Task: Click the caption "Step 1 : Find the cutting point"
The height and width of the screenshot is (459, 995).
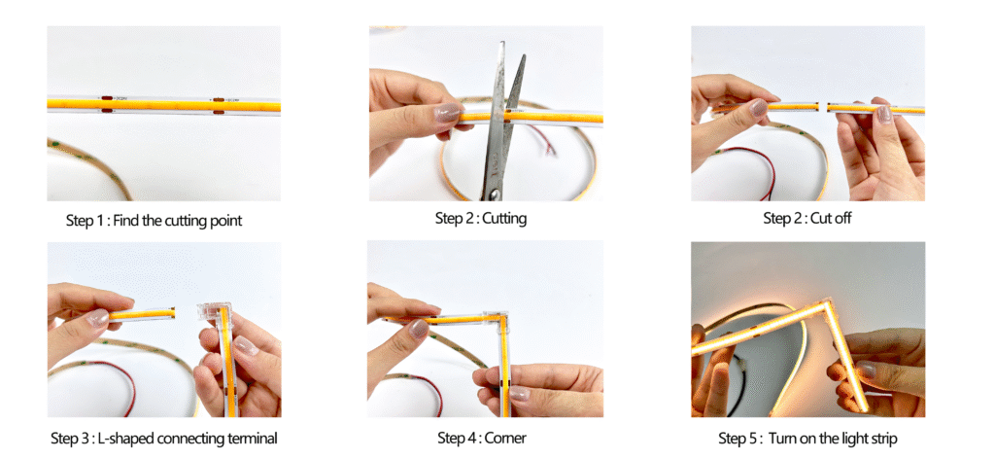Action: (x=154, y=221)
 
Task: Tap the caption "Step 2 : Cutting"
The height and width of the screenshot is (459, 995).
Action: (x=481, y=219)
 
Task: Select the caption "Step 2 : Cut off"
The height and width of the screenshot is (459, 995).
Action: (x=807, y=219)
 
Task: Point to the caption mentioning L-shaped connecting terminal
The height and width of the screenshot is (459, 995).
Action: (x=163, y=438)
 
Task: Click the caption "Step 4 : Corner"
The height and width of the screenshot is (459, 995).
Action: (x=482, y=438)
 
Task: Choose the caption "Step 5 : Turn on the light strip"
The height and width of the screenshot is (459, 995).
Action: (x=807, y=438)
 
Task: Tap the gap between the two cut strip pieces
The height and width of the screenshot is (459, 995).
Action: (x=822, y=107)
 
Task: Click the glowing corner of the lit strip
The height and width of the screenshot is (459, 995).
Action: (x=827, y=306)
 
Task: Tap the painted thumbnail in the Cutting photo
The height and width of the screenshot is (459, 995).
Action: (x=448, y=113)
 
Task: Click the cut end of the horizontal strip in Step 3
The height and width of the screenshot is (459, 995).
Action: (x=173, y=312)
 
